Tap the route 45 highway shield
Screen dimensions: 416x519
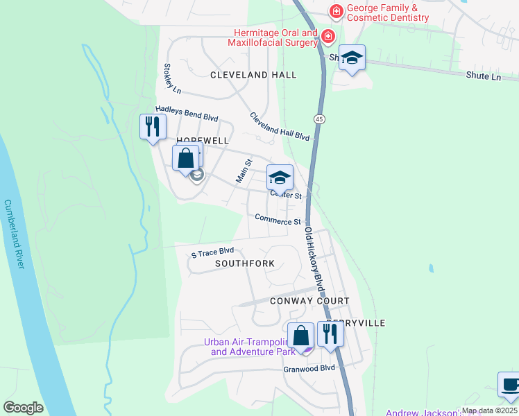pos(318,119)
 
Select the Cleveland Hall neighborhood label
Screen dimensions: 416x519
pos(253,75)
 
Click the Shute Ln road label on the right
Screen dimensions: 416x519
pos(483,77)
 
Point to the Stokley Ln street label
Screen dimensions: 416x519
pos(171,79)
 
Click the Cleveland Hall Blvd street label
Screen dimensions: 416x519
pos(279,126)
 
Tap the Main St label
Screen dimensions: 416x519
pos(243,171)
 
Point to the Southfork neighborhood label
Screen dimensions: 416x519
pos(244,264)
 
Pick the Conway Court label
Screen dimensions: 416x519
pos(309,301)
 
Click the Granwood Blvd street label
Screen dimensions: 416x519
pos(309,368)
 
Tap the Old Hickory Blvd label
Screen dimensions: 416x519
pos(314,259)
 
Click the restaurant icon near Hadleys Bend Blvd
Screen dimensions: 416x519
pos(153,126)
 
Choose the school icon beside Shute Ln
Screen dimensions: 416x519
pos(352,58)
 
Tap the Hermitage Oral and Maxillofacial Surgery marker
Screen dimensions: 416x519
pos(327,36)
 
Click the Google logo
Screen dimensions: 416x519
pos(23,408)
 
